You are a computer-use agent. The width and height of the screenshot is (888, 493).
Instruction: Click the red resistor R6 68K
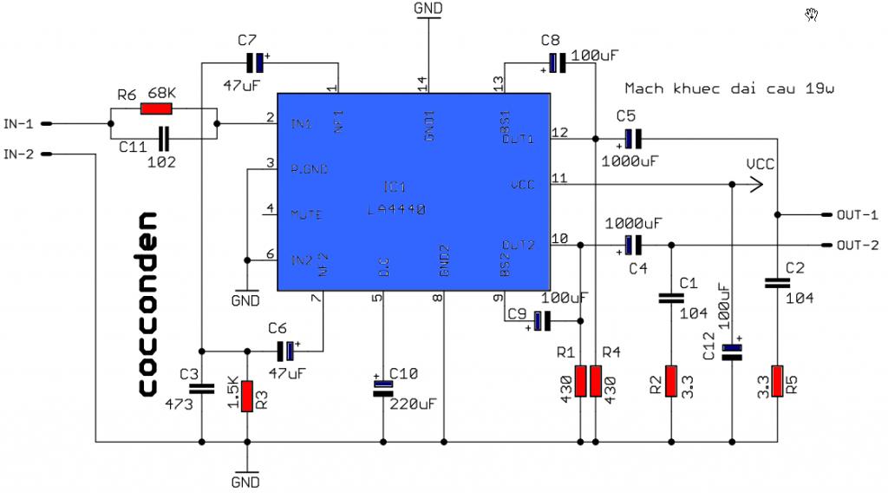point(157,109)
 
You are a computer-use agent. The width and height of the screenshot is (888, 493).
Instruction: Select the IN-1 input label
point(19,124)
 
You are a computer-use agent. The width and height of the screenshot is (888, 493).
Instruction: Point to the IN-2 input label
point(19,154)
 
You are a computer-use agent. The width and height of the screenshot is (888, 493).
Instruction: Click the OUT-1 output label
point(858,214)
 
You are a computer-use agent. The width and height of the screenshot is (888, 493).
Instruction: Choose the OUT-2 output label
point(858,245)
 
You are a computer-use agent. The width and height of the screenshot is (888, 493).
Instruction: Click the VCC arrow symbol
point(755,184)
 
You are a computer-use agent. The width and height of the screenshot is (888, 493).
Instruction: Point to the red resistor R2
point(671,381)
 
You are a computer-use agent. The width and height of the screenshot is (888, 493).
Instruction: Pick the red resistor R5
point(778,381)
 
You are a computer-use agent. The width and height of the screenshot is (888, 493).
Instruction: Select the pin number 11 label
point(559,178)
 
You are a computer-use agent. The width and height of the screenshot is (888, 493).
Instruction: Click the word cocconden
point(147,304)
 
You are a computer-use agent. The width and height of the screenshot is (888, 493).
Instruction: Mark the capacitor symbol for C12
point(733,352)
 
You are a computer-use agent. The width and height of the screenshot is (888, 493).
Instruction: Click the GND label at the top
point(428,8)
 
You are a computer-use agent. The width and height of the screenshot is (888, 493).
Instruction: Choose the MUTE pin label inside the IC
point(306,213)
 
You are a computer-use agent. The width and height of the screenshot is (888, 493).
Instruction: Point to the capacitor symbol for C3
point(201,389)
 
